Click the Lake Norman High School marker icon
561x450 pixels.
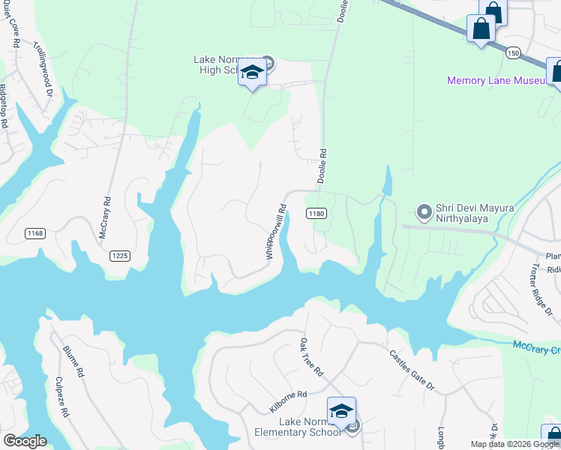click(x=253, y=73)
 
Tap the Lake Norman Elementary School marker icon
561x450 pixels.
click(x=341, y=412)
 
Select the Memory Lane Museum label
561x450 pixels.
click(x=494, y=80)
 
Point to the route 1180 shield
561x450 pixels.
click(x=316, y=214)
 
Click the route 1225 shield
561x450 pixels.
click(x=119, y=256)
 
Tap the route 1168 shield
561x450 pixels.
click(x=34, y=233)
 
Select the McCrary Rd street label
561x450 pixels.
click(x=104, y=218)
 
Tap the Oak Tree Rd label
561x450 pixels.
click(x=311, y=357)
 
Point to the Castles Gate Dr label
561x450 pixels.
click(x=412, y=370)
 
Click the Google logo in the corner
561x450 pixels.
click(x=25, y=440)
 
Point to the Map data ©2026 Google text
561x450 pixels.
click(x=514, y=444)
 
